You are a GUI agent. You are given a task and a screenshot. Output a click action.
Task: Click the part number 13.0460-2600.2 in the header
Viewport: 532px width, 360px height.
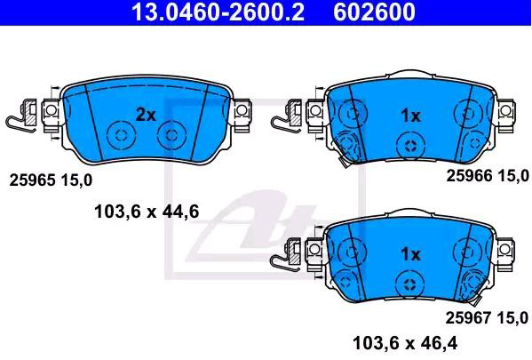(218, 12)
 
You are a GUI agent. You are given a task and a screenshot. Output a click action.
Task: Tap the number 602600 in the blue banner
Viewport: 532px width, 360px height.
(374, 12)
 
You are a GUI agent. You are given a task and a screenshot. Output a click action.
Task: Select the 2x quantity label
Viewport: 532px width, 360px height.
(146, 116)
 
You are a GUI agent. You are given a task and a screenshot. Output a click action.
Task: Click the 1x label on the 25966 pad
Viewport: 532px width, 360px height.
(410, 116)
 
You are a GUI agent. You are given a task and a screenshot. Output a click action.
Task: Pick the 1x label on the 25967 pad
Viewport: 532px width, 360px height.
(410, 254)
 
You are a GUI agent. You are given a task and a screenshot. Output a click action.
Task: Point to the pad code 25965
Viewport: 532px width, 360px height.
(32, 180)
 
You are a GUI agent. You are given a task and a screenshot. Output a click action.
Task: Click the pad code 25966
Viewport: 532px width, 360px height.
(469, 176)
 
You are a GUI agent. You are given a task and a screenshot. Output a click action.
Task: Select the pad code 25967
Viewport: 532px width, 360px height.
(468, 318)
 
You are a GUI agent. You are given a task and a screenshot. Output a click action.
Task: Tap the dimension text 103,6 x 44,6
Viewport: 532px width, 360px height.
(147, 212)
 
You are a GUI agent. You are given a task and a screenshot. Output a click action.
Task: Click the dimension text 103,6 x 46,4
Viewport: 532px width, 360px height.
(405, 343)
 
